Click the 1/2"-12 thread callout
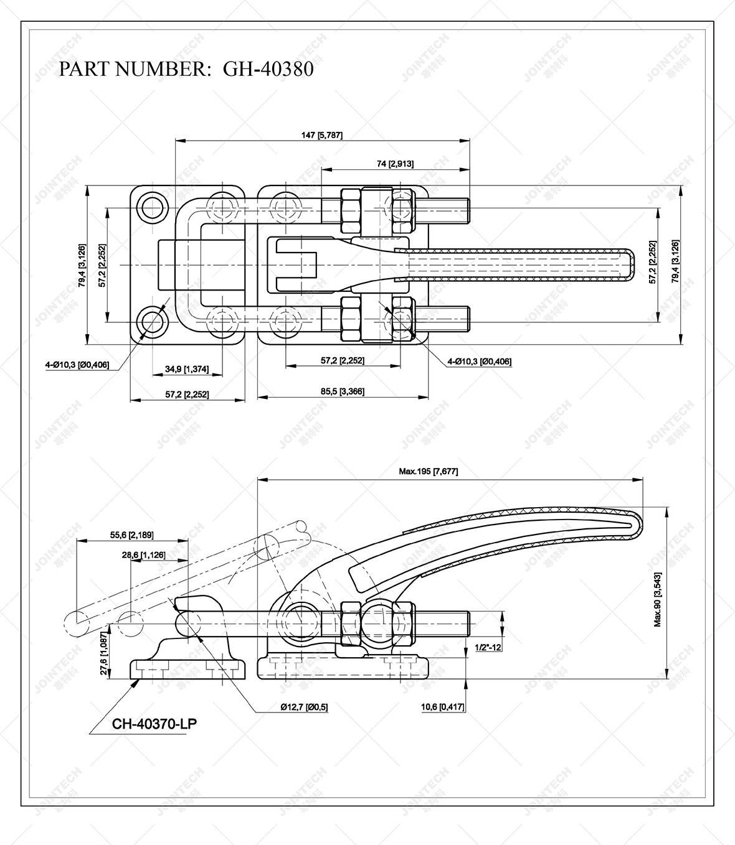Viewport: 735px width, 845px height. [488, 648]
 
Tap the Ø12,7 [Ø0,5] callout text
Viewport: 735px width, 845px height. [303, 707]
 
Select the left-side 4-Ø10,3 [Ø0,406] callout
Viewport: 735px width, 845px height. [77, 365]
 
